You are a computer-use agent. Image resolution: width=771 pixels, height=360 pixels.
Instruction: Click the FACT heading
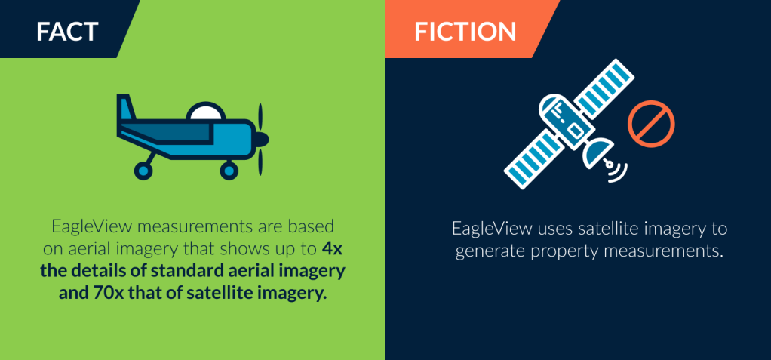pos(67,32)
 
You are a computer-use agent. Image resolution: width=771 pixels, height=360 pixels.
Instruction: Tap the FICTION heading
pos(465,32)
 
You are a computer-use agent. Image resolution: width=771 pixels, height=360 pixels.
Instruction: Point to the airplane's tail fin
pos(126,107)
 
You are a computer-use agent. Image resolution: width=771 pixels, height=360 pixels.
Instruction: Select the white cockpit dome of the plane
pos(205,112)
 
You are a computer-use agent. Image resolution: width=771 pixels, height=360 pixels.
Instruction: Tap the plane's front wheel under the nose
pos(229,170)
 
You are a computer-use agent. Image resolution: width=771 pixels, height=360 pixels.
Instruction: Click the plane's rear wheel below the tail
pos(143,170)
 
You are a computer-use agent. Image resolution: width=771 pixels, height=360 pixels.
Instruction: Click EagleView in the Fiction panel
pos(492,229)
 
